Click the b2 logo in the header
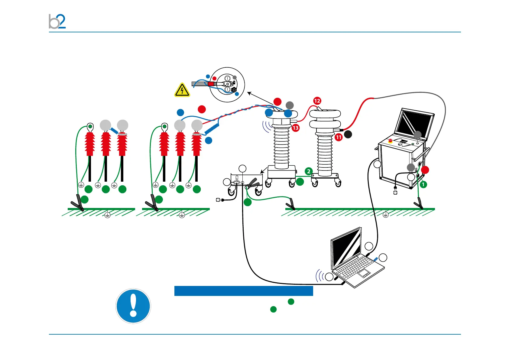pos(57,21)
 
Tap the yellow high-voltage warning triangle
pos(182,90)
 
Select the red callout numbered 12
pos(317,101)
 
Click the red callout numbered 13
pos(296,128)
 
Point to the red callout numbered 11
pos(339,137)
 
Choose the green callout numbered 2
pos(309,171)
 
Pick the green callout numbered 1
pos(423,184)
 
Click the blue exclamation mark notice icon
pos(133,306)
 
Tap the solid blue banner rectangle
pos(244,291)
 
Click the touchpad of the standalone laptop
pos(364,274)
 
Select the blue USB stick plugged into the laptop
pos(376,259)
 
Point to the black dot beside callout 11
pos(348,134)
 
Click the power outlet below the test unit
pos(395,192)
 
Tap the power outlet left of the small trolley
pos(218,200)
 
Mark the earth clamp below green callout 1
pos(419,204)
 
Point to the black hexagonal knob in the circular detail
pos(234,90)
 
